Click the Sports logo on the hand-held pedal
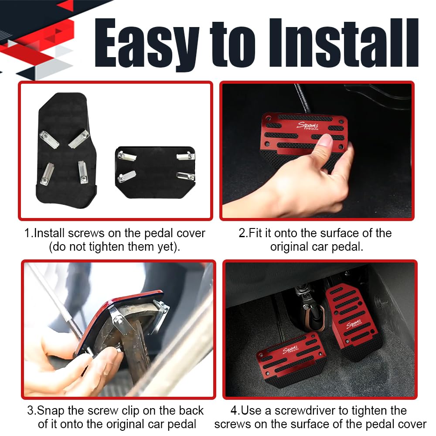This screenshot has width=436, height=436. [x=307, y=126]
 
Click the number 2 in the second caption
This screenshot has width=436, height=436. [x=242, y=233]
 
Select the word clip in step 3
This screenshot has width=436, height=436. [x=141, y=411]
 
